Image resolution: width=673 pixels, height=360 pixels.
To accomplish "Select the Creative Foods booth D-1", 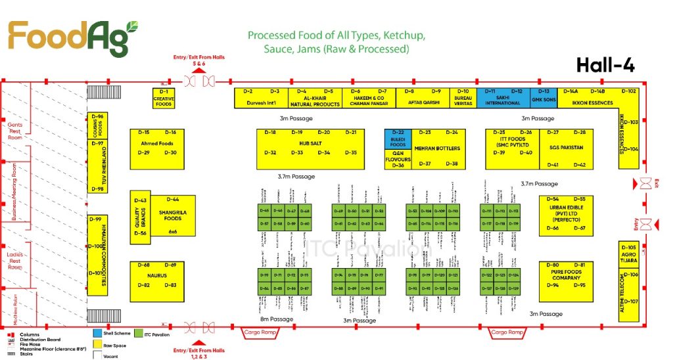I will pyautogui.click(x=164, y=98).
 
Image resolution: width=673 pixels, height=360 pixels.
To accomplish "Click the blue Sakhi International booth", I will pyautogui.click(x=503, y=98).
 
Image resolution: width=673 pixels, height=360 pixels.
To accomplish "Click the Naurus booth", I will pyautogui.click(x=157, y=275).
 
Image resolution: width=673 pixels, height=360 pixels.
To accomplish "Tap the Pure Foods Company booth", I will pyautogui.click(x=561, y=275).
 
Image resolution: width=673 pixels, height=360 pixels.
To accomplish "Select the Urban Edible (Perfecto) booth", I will pyautogui.click(x=561, y=214).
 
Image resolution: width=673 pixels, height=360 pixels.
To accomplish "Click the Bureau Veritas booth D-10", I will pyautogui.click(x=463, y=98).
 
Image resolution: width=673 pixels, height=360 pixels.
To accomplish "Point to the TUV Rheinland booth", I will pyautogui.click(x=97, y=166).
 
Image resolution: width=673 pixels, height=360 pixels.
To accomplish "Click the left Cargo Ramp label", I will pyautogui.click(x=262, y=333).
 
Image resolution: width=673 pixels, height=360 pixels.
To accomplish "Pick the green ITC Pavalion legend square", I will pyautogui.click(x=139, y=334).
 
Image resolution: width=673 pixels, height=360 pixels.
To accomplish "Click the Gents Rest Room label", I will pyautogui.click(x=15, y=131).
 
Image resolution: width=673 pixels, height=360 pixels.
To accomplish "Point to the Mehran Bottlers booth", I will pyautogui.click(x=436, y=148).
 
